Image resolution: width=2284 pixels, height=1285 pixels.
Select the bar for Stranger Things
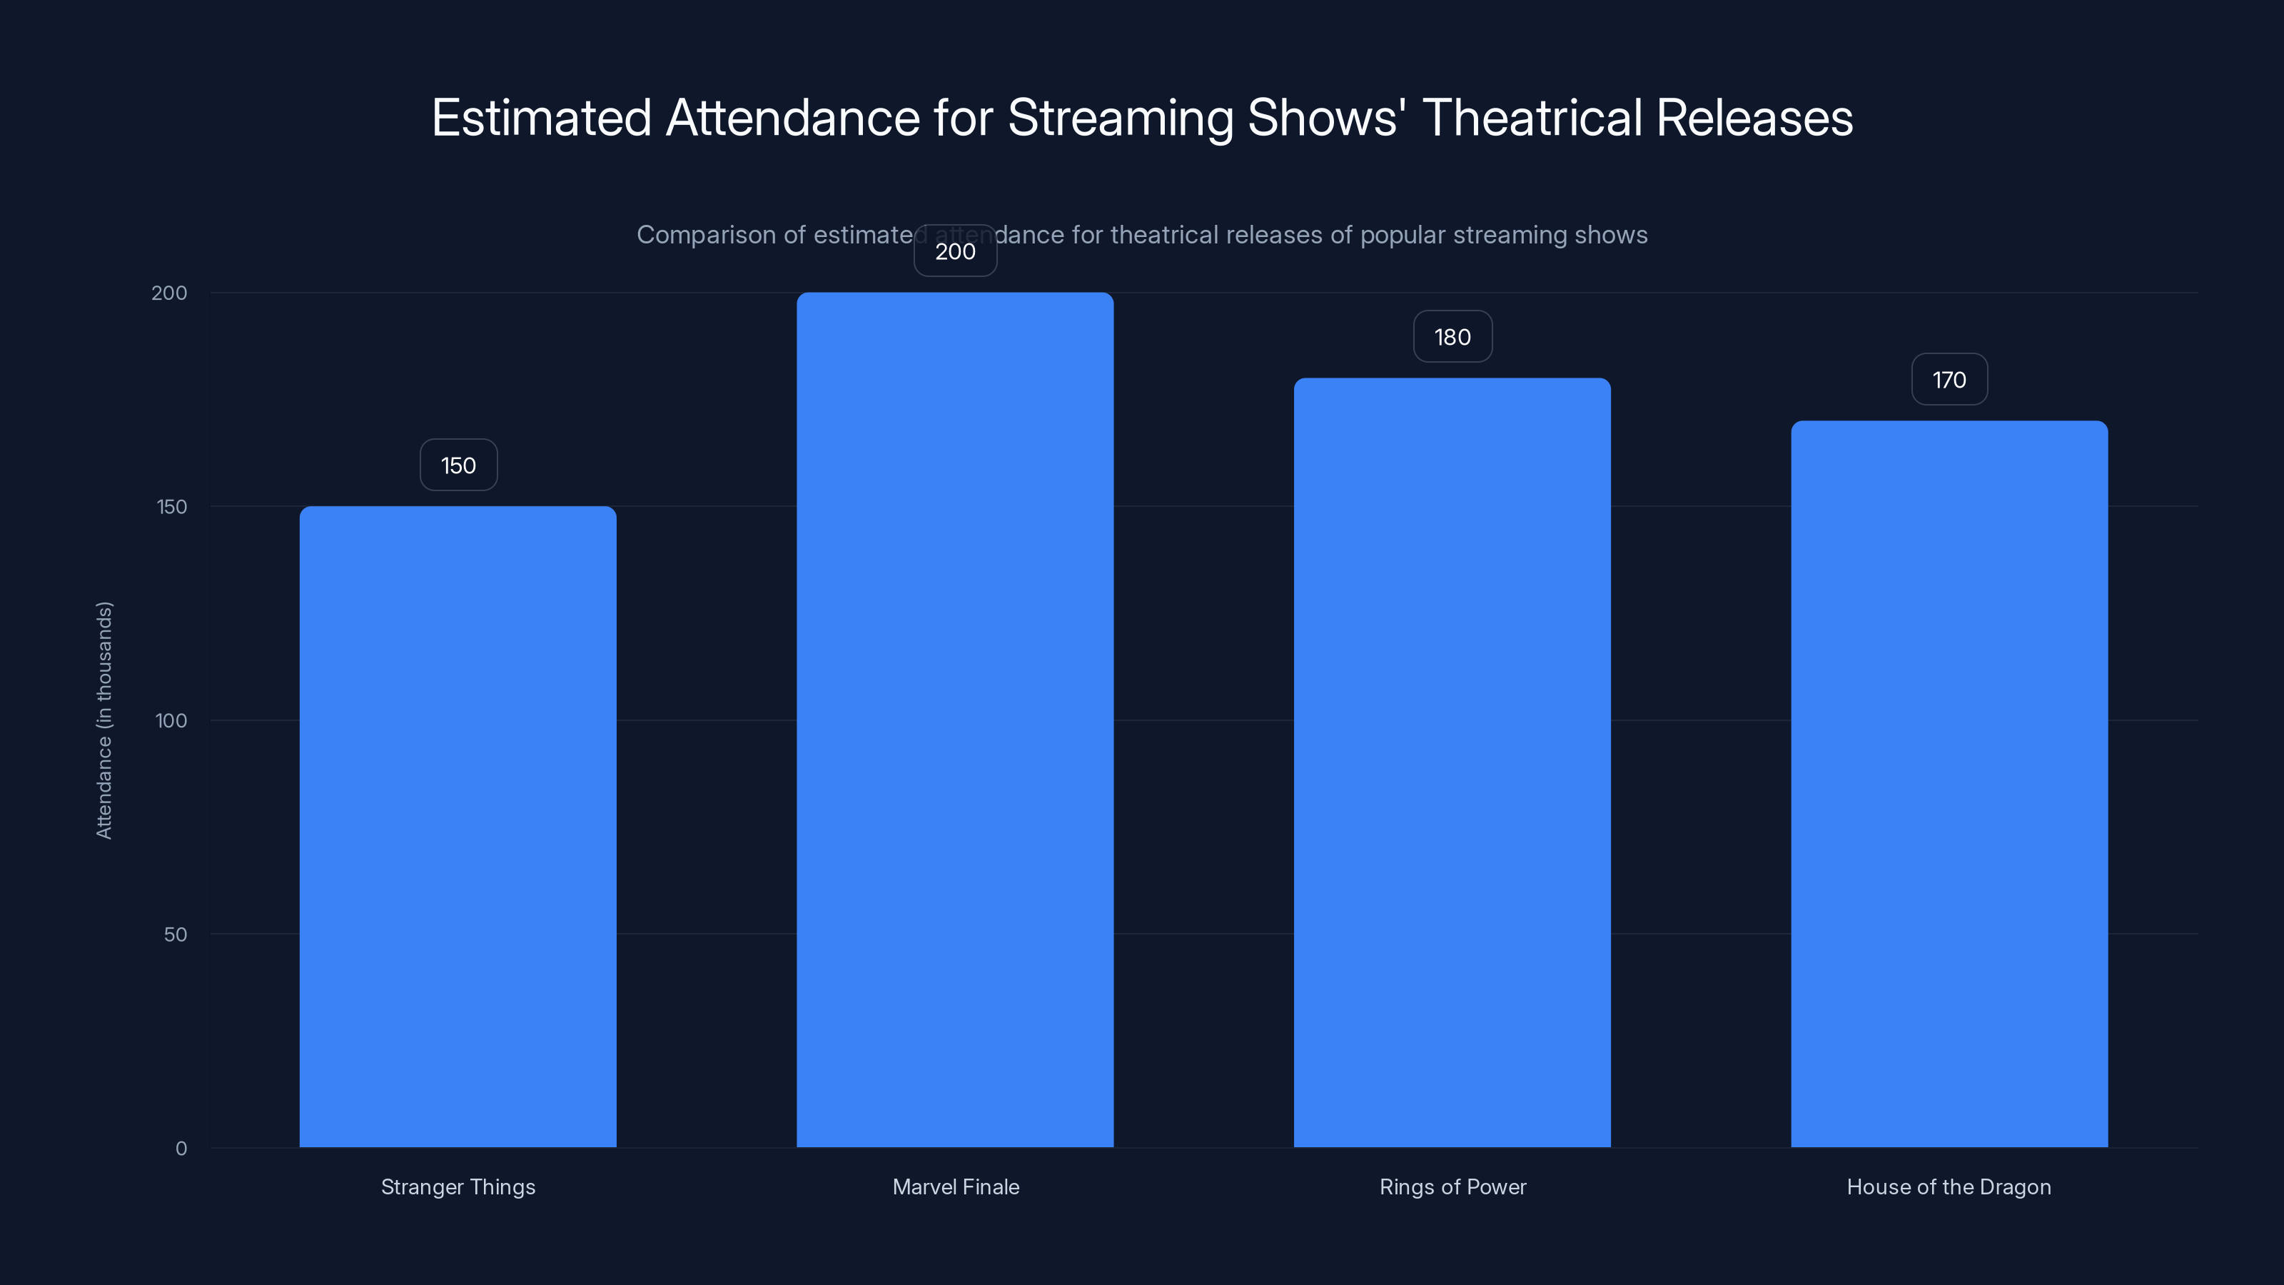(x=458, y=827)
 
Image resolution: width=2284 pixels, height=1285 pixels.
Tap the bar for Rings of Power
(x=1452, y=762)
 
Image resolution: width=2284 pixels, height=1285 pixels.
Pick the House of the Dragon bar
(x=1949, y=784)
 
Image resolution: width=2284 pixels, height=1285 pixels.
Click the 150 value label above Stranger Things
(x=458, y=465)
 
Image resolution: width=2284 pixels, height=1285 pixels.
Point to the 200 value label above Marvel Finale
(x=955, y=252)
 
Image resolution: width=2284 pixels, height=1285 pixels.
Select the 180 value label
(x=1452, y=337)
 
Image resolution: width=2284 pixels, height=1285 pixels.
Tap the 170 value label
(x=1949, y=381)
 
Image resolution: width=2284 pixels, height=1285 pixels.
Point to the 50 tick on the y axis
(x=176, y=934)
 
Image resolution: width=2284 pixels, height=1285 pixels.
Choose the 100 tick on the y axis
(x=171, y=721)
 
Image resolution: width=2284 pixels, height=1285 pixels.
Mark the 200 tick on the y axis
(x=169, y=293)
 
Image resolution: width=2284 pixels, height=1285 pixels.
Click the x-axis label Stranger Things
(x=458, y=1186)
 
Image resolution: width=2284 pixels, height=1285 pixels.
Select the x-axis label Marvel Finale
(x=956, y=1186)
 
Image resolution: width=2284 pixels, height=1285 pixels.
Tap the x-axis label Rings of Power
(x=1452, y=1186)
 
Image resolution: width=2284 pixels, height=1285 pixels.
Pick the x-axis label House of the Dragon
(x=1949, y=1186)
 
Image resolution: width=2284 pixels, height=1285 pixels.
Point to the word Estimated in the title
(x=542, y=118)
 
